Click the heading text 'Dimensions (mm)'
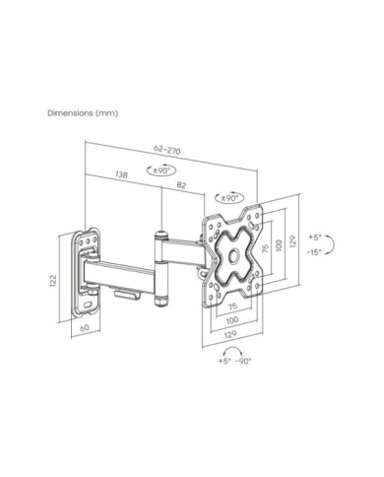[83, 113]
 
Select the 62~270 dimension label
[167, 150]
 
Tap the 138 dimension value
[121, 174]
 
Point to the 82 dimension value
[181, 185]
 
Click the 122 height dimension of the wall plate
[53, 281]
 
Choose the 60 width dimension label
[85, 327]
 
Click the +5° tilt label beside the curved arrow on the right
[315, 237]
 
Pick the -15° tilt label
[314, 252]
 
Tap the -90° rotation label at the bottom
[243, 361]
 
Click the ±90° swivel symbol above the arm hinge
[160, 170]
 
